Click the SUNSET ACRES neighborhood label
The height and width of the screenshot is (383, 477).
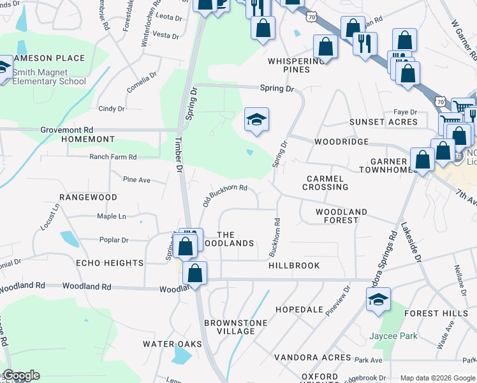tap(383, 122)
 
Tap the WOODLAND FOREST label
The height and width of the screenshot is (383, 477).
tap(341, 216)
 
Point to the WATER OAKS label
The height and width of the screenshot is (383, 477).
tap(172, 344)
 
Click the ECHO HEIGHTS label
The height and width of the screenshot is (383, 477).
tap(110, 263)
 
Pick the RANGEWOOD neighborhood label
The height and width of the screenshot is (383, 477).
tap(88, 198)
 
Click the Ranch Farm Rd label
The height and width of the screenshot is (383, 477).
tap(113, 156)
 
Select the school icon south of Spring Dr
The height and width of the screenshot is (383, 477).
tap(256, 119)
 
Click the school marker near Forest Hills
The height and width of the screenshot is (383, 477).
tap(378, 299)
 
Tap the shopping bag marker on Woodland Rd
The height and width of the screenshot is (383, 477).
tap(195, 273)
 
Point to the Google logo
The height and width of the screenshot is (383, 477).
tap(20, 375)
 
